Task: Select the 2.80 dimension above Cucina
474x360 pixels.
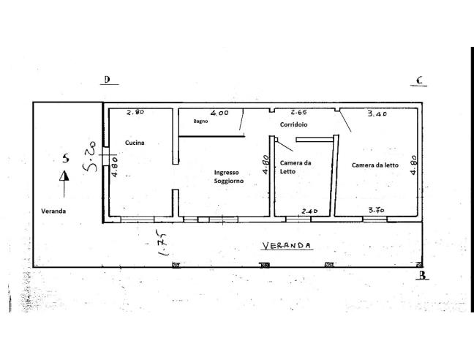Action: (x=135, y=113)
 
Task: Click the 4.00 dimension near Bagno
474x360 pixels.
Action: (x=219, y=113)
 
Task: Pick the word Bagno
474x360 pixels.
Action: (x=202, y=121)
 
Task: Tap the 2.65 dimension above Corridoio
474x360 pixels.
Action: (x=298, y=113)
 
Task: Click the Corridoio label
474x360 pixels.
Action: (x=293, y=125)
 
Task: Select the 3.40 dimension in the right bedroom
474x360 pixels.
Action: (x=377, y=114)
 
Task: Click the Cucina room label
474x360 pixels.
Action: (x=134, y=143)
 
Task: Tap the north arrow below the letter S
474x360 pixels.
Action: (x=64, y=176)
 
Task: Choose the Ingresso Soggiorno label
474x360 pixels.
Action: (x=227, y=176)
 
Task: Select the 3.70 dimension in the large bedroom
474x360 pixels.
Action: (x=377, y=210)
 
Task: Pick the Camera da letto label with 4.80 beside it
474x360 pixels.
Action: (x=375, y=165)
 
